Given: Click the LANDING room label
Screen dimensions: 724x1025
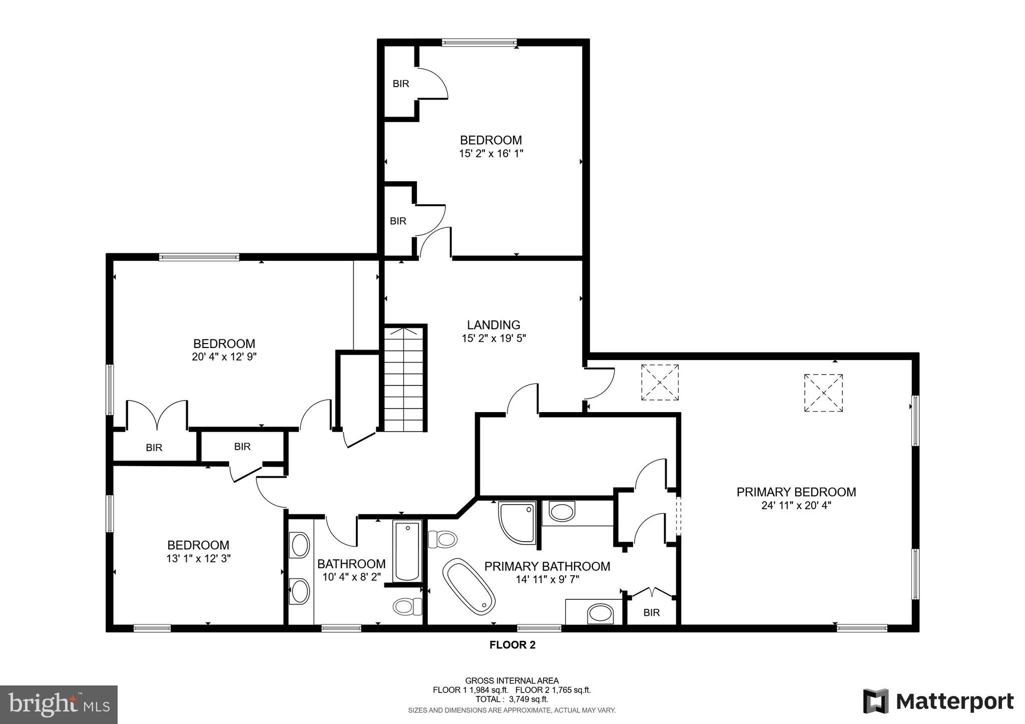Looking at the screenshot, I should (493, 325).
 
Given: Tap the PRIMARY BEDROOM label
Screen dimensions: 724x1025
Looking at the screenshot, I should (796, 492).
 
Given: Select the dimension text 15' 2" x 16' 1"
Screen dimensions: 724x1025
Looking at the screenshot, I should (490, 154).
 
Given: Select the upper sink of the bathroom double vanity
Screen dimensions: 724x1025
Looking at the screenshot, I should (300, 545).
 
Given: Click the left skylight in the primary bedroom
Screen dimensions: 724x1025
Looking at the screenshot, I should (660, 383).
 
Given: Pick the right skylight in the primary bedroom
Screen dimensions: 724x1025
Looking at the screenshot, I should (823, 393).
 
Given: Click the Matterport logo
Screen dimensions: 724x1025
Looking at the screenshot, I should (938, 701).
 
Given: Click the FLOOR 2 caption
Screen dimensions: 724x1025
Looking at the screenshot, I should (512, 645).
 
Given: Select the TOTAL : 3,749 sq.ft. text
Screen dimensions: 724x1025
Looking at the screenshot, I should (511, 699).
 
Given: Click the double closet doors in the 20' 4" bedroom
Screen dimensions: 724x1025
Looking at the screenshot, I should (157, 415).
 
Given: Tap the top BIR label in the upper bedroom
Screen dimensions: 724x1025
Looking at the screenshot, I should (400, 84).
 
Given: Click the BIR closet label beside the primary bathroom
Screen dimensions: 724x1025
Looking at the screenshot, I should (651, 612).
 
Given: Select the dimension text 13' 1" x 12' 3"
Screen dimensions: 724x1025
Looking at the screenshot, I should (198, 558).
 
